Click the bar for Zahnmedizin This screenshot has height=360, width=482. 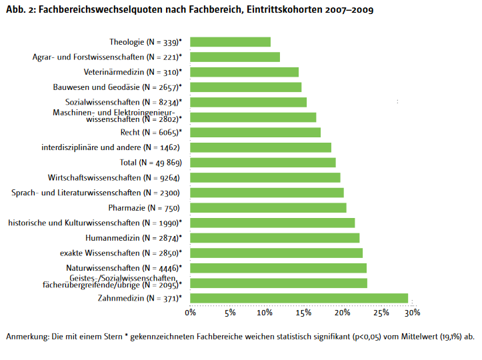coord(299,298)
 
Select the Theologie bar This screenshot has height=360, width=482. coord(230,42)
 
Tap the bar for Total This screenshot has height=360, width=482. coord(263,162)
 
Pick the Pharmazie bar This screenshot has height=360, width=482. coord(268,208)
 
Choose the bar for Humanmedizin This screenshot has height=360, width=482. coord(275,238)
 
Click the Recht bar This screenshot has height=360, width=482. coord(255,132)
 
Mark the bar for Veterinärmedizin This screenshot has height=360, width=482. coord(244,72)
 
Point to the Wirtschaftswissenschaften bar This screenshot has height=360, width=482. coord(265,177)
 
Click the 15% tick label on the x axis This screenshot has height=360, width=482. coord(303,312)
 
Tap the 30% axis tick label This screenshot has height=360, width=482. coord(413,312)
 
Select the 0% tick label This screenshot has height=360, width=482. coord(191,312)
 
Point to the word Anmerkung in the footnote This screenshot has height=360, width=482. coord(27,336)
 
